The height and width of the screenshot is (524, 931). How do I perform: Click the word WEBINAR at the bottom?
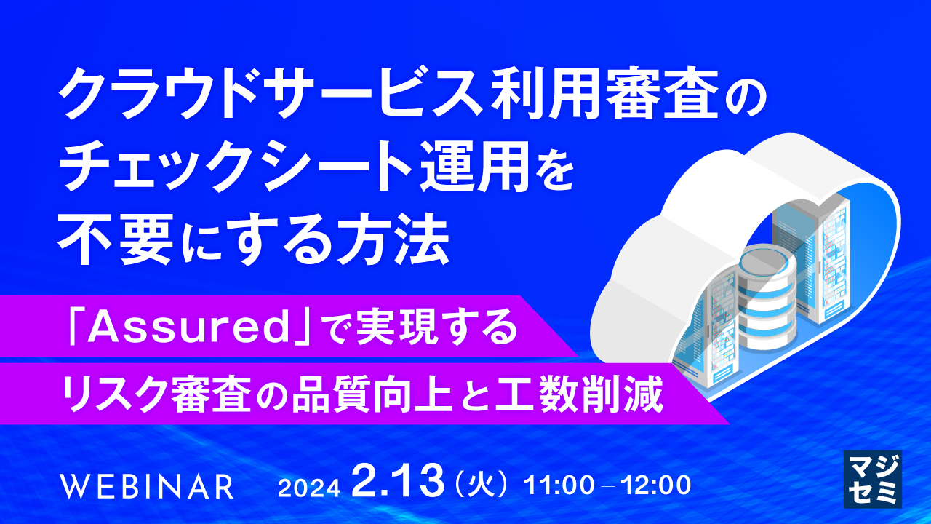(148, 486)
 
